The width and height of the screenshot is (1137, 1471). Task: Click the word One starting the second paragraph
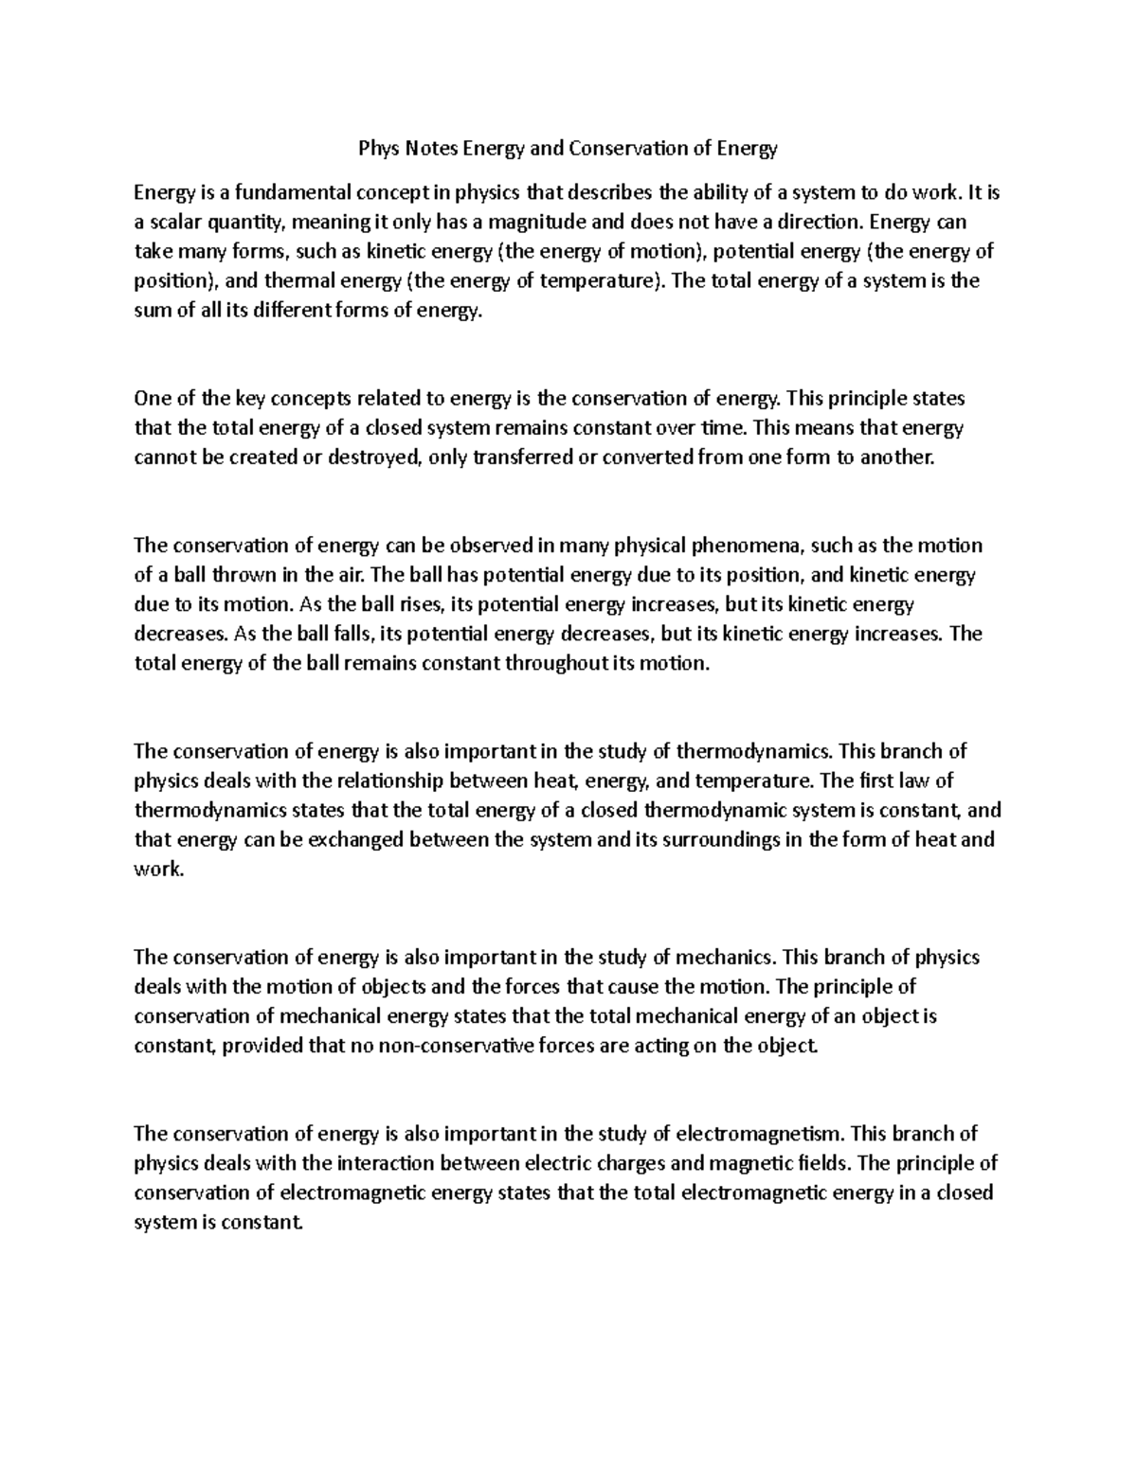(x=152, y=399)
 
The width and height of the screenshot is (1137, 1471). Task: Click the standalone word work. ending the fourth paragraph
(x=157, y=869)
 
